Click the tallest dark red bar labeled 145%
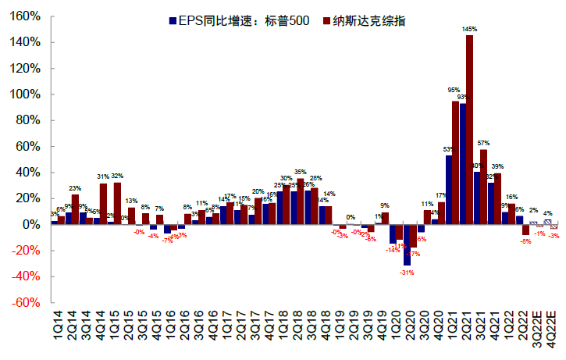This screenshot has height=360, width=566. (470, 130)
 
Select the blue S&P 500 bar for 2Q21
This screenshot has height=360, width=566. (463, 164)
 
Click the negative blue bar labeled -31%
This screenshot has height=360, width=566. (407, 249)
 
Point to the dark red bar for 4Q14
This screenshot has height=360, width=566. (104, 204)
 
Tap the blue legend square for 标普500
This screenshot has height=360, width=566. (173, 20)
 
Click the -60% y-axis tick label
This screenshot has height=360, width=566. (27, 302)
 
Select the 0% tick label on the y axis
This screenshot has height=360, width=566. (32, 224)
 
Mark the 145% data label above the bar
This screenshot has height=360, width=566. (470, 29)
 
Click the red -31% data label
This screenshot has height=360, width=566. (406, 273)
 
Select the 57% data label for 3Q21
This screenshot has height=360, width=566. (484, 144)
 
